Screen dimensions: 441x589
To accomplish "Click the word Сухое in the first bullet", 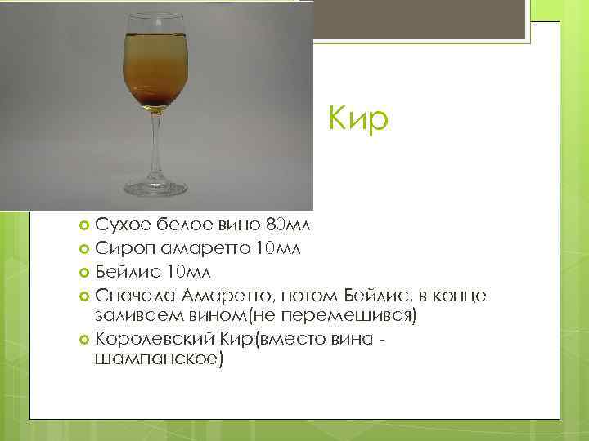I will [119, 225].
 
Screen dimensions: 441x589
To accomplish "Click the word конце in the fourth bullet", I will [463, 293].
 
